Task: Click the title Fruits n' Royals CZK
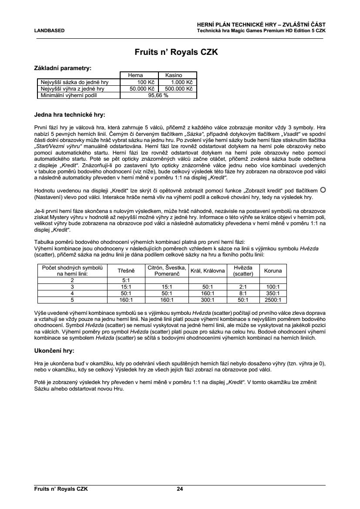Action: [180, 53]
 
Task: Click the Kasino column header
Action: [177, 75]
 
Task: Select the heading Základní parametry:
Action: [63, 68]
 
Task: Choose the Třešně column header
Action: [126, 270]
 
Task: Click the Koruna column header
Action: [273, 270]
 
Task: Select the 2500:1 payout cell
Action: [273, 300]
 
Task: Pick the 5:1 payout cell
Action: [126, 280]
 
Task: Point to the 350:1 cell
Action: [273, 293]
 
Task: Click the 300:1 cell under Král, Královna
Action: [208, 300]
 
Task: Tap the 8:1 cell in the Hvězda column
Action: [243, 293]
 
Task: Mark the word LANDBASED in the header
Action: [49, 31]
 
